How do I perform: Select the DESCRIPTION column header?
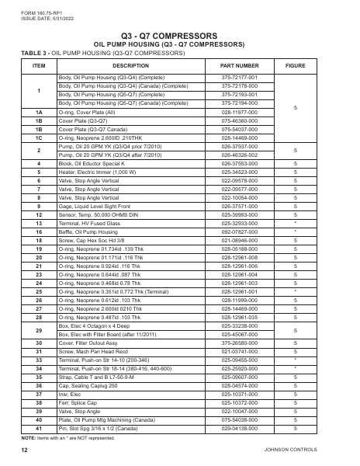click(x=130, y=67)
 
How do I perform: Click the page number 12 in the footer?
click(x=25, y=450)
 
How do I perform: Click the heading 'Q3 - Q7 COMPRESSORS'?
click(x=180, y=36)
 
